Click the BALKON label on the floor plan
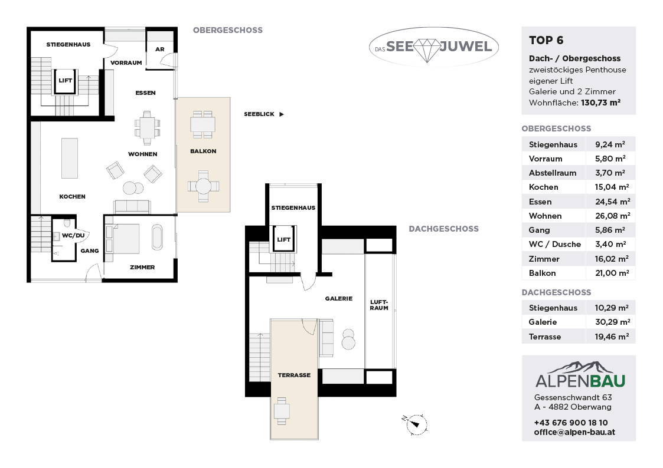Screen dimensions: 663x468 point(203,151)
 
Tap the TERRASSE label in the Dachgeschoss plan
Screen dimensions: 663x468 point(294,375)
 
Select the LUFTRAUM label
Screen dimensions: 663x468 point(379,305)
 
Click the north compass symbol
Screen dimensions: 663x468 point(416,424)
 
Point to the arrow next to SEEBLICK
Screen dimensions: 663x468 point(282,114)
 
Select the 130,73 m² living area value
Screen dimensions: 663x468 point(600,103)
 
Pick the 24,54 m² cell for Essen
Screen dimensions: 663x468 point(612,202)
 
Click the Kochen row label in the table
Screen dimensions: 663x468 point(543,187)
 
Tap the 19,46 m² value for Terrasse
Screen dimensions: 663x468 point(612,337)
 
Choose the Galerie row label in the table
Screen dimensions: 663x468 point(543,322)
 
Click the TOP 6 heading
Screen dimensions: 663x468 point(546,41)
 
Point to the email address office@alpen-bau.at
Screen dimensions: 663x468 point(574,432)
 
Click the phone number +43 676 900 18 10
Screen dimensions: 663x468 point(571,423)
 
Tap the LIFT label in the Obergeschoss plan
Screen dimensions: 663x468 point(65,81)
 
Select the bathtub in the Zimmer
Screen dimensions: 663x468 point(157,237)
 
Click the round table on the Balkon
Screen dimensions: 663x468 point(203,186)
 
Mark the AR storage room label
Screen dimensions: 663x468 point(159,50)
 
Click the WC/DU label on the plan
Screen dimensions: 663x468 point(73,236)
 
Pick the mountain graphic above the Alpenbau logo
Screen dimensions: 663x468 point(580,368)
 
